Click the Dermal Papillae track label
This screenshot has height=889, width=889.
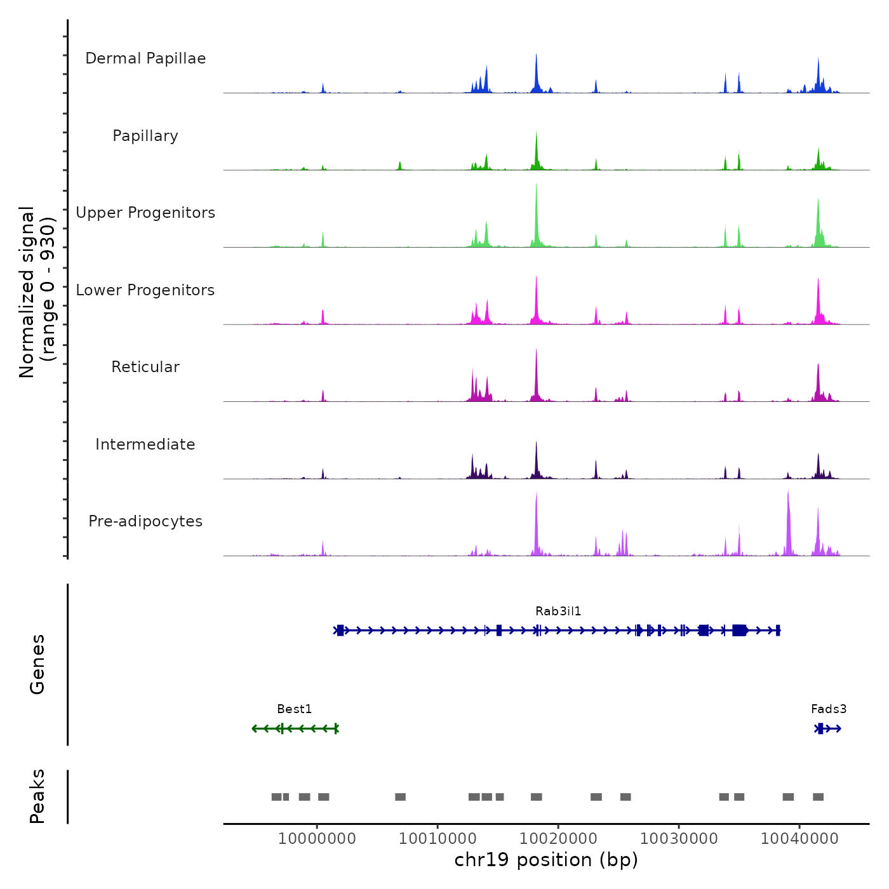pos(145,58)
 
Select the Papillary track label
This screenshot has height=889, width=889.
pos(145,136)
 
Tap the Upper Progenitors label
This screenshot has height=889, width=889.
pos(145,213)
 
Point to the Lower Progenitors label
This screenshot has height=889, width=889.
pos(145,290)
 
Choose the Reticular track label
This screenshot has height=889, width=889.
pos(145,367)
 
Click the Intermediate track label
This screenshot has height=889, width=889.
pos(145,444)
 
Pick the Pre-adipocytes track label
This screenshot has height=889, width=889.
pos(145,521)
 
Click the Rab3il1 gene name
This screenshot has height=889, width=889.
pos(558,612)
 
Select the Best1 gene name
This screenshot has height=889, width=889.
pos(295,709)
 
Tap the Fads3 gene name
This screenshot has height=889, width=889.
pos(829,709)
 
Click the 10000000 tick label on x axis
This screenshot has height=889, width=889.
pos(317,839)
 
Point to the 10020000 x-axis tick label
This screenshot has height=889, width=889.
pos(558,839)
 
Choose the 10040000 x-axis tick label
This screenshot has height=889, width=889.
pos(799,839)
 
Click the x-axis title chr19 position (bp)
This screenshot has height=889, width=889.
pos(546,860)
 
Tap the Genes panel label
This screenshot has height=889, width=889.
pos(37,664)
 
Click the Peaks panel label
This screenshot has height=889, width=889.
pos(37,796)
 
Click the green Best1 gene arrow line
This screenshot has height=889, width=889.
pos(305,728)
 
